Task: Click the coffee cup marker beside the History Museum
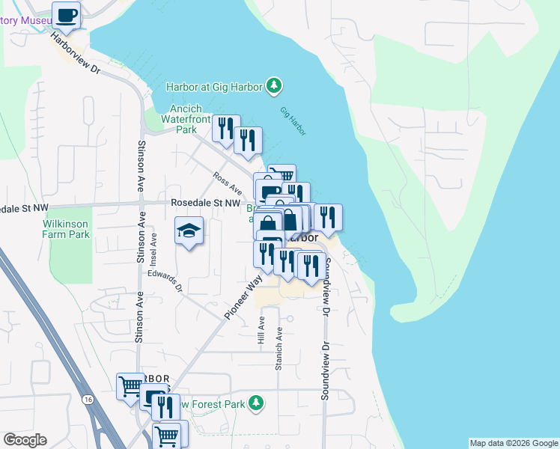point(66,15)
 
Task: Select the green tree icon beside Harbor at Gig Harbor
point(275,87)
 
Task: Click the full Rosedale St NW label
point(205,203)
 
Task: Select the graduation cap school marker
point(189,230)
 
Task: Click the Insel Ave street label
point(153,249)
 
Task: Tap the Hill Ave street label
point(261,329)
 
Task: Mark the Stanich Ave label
point(279,352)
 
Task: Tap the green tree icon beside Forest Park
point(256,403)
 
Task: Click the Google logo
point(25,440)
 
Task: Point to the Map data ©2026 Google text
point(514,443)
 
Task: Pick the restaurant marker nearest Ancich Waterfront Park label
point(225,129)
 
